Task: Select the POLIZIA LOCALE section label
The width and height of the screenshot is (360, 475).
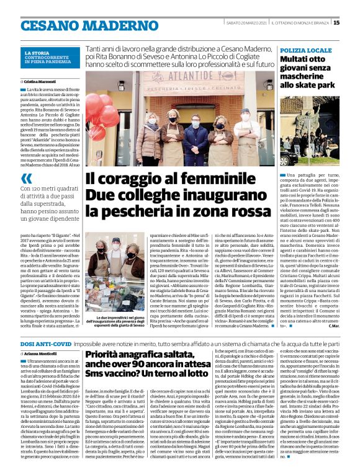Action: (306, 49)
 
